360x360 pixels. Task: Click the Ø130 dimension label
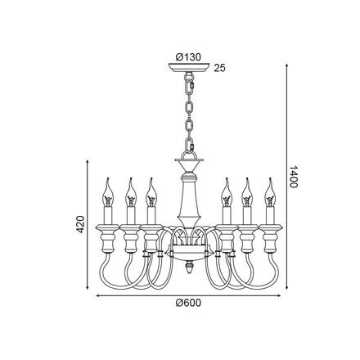[189, 56]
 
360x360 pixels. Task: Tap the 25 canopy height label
[219, 69]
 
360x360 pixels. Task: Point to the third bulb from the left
[150, 193]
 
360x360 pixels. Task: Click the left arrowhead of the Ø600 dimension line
[99, 292]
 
